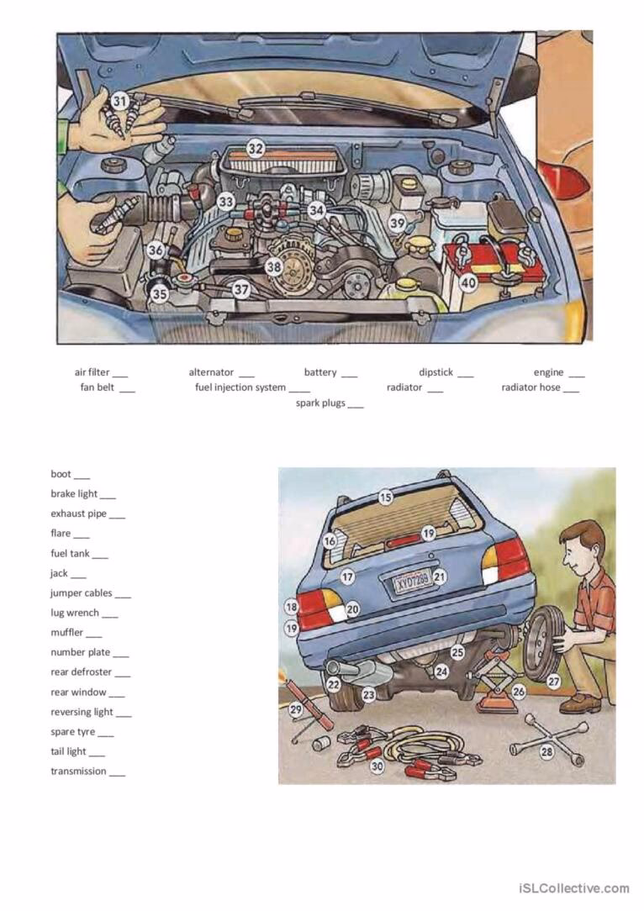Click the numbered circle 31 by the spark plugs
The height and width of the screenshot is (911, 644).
click(120, 102)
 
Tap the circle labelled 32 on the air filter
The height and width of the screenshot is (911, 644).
click(256, 148)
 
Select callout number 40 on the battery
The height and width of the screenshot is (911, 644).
click(468, 283)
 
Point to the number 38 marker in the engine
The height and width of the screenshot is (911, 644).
click(273, 267)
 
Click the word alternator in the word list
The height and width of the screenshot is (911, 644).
click(211, 372)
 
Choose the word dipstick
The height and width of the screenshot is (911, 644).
click(435, 372)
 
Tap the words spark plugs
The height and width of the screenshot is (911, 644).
click(320, 403)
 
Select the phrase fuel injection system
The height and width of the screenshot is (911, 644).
click(240, 387)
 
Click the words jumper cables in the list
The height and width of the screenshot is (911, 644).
click(81, 592)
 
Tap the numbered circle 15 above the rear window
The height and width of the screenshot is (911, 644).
click(385, 497)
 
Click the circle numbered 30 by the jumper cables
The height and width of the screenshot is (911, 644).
click(377, 766)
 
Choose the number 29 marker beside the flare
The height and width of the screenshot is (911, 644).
click(295, 709)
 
